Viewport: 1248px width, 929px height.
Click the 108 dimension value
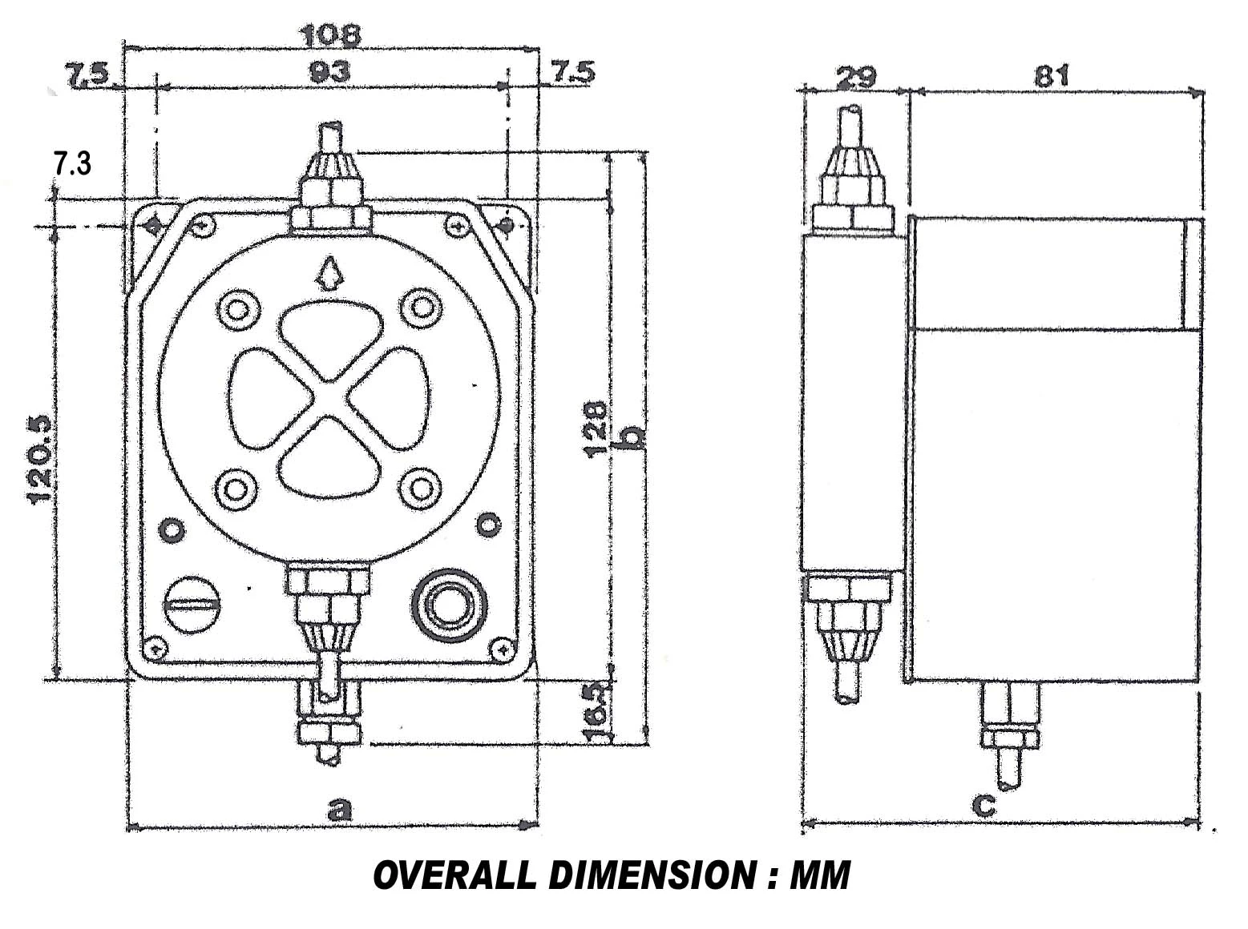click(330, 35)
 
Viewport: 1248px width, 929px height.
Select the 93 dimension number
click(330, 72)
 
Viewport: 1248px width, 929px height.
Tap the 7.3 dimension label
click(72, 164)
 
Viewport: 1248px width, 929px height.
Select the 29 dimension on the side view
click(855, 78)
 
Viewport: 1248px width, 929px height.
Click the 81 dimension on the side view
click(1052, 77)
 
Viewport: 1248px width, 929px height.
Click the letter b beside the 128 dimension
click(633, 438)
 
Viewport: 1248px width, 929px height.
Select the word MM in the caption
click(819, 876)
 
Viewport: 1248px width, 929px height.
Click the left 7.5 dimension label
click(87, 75)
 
